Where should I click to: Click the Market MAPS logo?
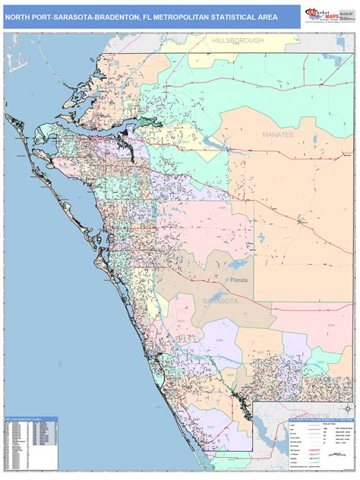click(322, 16)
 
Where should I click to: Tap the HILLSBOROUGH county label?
click(237, 39)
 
